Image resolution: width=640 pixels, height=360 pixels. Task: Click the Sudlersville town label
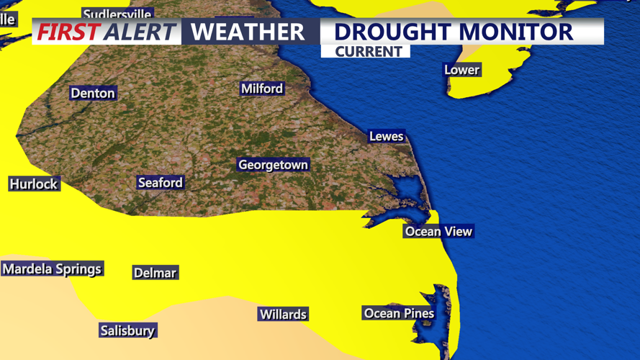coord(117,14)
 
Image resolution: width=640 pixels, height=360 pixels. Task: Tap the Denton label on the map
coord(93,93)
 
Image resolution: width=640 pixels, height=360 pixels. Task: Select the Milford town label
coord(262,89)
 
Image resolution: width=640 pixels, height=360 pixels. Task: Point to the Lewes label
coord(386,136)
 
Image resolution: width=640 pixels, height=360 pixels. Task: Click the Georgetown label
coord(273,165)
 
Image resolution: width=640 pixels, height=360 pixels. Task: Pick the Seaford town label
coord(161,183)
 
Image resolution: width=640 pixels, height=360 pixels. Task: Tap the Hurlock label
coord(34,184)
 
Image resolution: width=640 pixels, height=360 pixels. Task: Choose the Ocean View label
coord(438,231)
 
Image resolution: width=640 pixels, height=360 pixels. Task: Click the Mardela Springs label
coord(52,269)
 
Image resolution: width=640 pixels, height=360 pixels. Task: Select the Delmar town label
coord(155,273)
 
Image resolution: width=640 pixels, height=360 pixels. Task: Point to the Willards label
coord(283,315)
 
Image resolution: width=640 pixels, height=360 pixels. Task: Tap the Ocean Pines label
coord(399,313)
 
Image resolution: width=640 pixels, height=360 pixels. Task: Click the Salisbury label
coord(127,330)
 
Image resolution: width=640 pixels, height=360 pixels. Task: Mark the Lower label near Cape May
coord(461,70)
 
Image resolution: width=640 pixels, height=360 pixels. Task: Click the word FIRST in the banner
coord(68,32)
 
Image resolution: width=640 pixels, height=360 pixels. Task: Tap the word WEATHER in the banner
coord(248,32)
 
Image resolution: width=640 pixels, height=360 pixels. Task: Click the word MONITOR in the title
coord(518,32)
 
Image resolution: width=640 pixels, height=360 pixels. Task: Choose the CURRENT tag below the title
coord(368,52)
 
